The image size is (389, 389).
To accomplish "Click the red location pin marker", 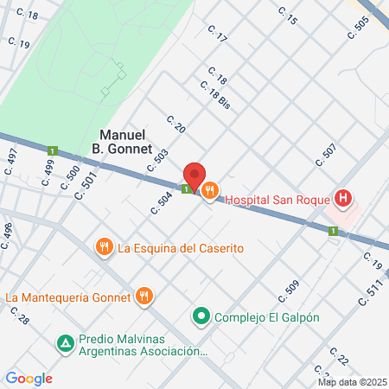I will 195,176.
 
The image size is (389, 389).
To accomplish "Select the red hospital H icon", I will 343,199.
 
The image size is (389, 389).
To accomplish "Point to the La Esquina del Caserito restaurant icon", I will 105,248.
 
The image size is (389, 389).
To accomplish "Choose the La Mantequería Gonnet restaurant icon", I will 144,297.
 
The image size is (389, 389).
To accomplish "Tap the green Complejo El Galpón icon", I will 201,316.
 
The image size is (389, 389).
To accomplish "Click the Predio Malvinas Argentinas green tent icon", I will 65,344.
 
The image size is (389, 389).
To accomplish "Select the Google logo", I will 29,378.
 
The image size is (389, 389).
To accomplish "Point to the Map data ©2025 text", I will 351,382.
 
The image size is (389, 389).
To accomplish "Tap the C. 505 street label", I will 357,28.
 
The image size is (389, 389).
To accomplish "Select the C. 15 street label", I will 288,15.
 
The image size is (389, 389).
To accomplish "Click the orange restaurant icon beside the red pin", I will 210,192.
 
